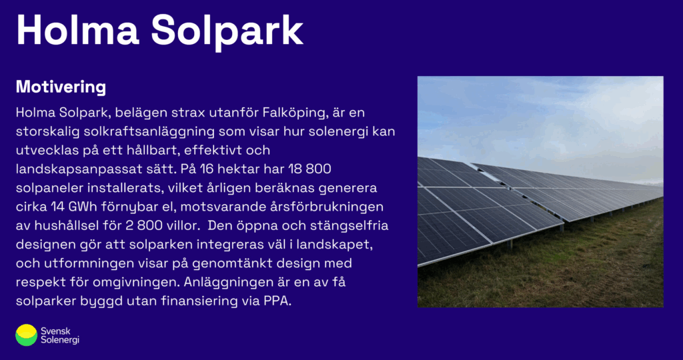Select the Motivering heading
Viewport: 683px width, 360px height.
coord(61,87)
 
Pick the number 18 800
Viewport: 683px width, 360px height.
coord(309,169)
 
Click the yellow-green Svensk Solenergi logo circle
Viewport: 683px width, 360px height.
coord(26,335)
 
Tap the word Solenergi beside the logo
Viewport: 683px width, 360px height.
coord(60,341)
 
